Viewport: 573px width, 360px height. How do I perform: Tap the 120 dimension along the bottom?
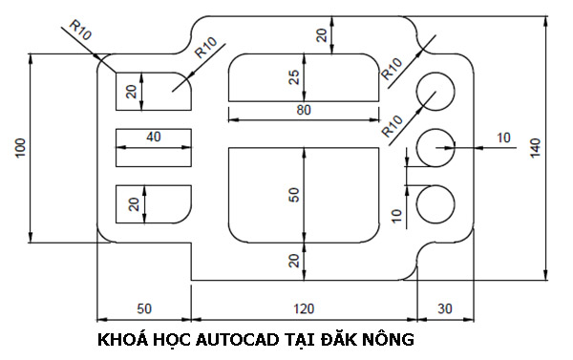(304, 308)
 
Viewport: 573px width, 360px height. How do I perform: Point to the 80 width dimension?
(303, 111)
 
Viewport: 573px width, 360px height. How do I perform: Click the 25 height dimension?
(294, 76)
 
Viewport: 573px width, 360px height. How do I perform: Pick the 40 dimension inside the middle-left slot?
(153, 137)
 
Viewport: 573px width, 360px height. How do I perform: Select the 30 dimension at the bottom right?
(445, 308)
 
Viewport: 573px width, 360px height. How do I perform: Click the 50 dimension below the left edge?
(144, 308)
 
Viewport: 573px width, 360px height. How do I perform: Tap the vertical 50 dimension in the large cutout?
(294, 194)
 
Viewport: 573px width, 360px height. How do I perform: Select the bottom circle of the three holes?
(436, 203)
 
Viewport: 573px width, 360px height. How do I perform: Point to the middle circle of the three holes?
(436, 146)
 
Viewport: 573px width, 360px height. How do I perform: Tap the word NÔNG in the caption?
(390, 339)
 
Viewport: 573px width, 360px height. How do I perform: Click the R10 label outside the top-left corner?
(82, 32)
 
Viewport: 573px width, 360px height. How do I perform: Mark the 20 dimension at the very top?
(322, 35)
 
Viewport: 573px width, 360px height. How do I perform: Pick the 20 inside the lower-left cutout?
(134, 203)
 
